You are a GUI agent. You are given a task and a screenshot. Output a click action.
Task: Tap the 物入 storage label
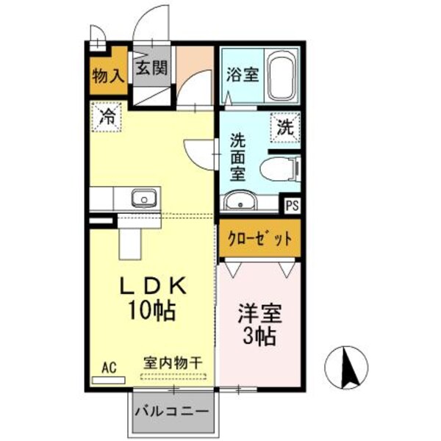[x=107, y=75]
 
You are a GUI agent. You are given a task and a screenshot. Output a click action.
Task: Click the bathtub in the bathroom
[x=281, y=78]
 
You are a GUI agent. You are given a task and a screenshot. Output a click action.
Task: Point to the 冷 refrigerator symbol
[x=107, y=115]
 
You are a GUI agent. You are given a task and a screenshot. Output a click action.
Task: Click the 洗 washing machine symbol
[x=284, y=126]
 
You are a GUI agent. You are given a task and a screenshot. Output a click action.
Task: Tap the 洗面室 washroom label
[x=237, y=156]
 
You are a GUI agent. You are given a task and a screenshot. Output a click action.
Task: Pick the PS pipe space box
[x=292, y=206]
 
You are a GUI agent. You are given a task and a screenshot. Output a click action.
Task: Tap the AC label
[x=109, y=366]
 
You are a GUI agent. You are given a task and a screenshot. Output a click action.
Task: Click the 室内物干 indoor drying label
[x=173, y=364]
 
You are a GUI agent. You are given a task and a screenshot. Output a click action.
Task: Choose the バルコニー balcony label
[x=174, y=412]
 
